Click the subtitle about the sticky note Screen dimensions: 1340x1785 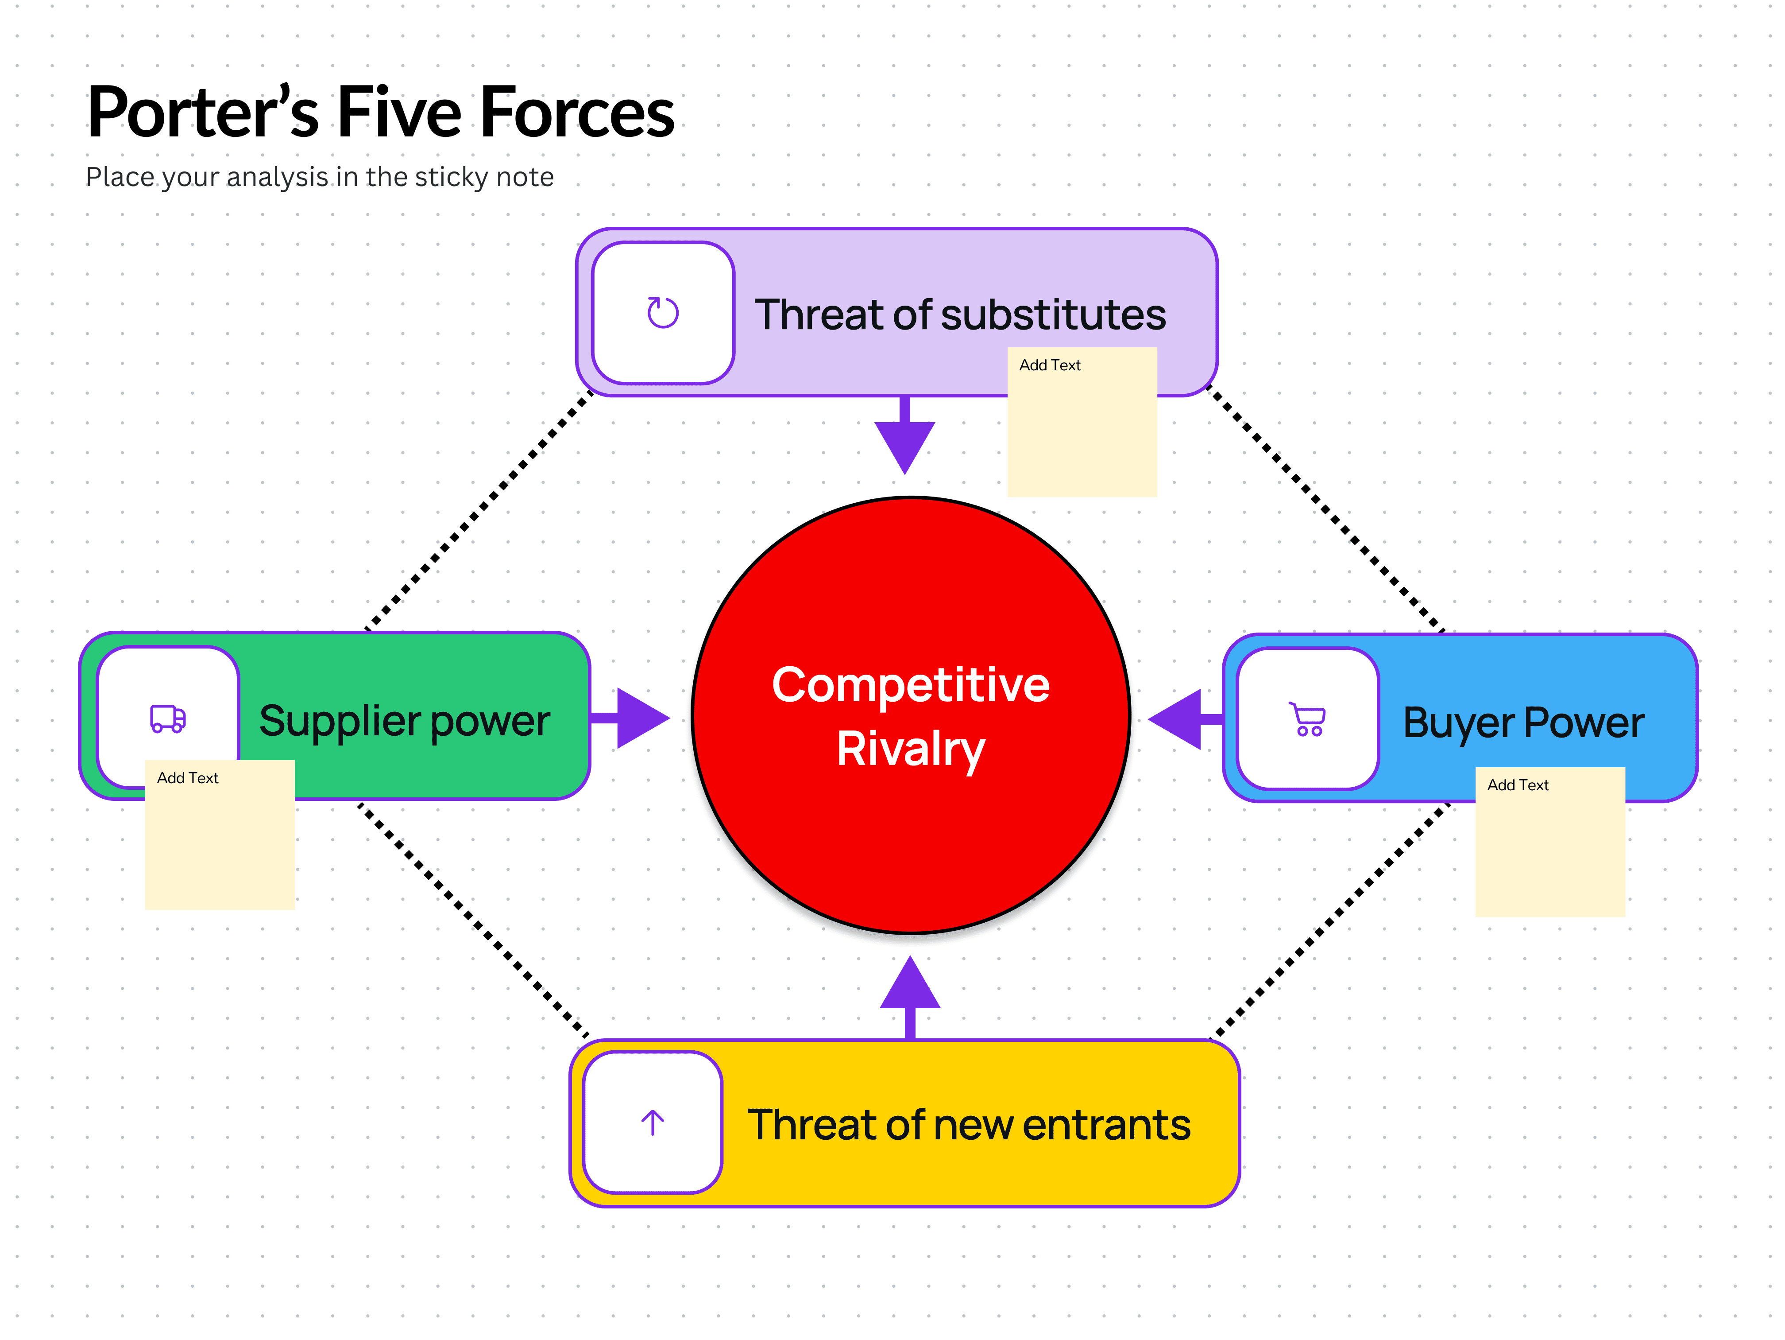(320, 177)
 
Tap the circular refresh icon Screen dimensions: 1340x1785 (663, 312)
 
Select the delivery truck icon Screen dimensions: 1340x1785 (168, 718)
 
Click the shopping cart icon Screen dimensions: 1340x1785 (1307, 719)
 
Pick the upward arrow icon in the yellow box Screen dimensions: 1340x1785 (652, 1122)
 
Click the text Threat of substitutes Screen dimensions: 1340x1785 (959, 315)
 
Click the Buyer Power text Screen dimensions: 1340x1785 (1523, 722)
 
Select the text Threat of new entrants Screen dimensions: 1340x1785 (968, 1124)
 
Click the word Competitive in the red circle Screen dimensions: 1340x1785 (910, 685)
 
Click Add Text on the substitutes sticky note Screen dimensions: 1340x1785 (1049, 365)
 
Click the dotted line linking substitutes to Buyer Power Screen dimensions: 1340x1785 (1323, 509)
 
